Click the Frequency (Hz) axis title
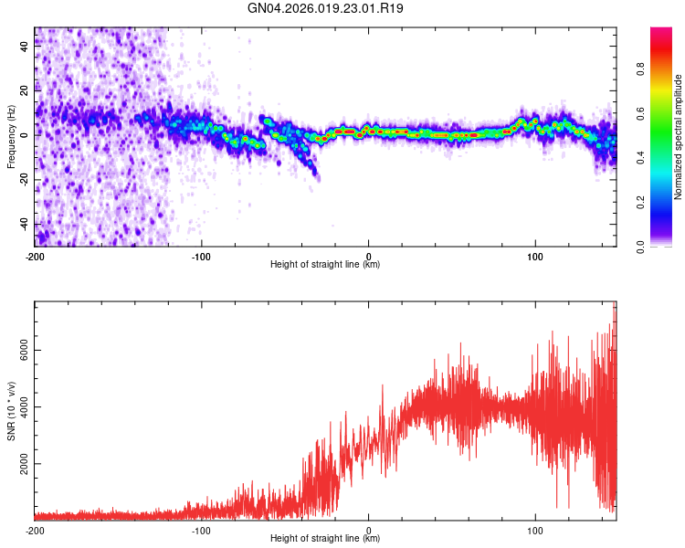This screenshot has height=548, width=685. [11, 138]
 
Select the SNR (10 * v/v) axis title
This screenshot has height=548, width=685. [11, 412]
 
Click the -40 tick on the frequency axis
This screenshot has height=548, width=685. [23, 225]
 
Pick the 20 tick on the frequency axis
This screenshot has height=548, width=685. [25, 90]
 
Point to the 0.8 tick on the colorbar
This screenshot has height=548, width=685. [640, 70]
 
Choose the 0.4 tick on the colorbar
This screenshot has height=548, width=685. [640, 159]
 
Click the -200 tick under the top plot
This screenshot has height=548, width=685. [35, 256]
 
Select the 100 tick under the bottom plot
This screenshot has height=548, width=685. [535, 530]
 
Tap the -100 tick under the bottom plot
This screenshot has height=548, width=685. [201, 530]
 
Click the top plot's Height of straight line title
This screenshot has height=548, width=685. [325, 265]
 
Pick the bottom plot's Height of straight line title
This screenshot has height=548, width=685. [325, 539]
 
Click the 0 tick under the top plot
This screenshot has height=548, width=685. [369, 256]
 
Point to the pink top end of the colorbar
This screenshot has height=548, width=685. [661, 33]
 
